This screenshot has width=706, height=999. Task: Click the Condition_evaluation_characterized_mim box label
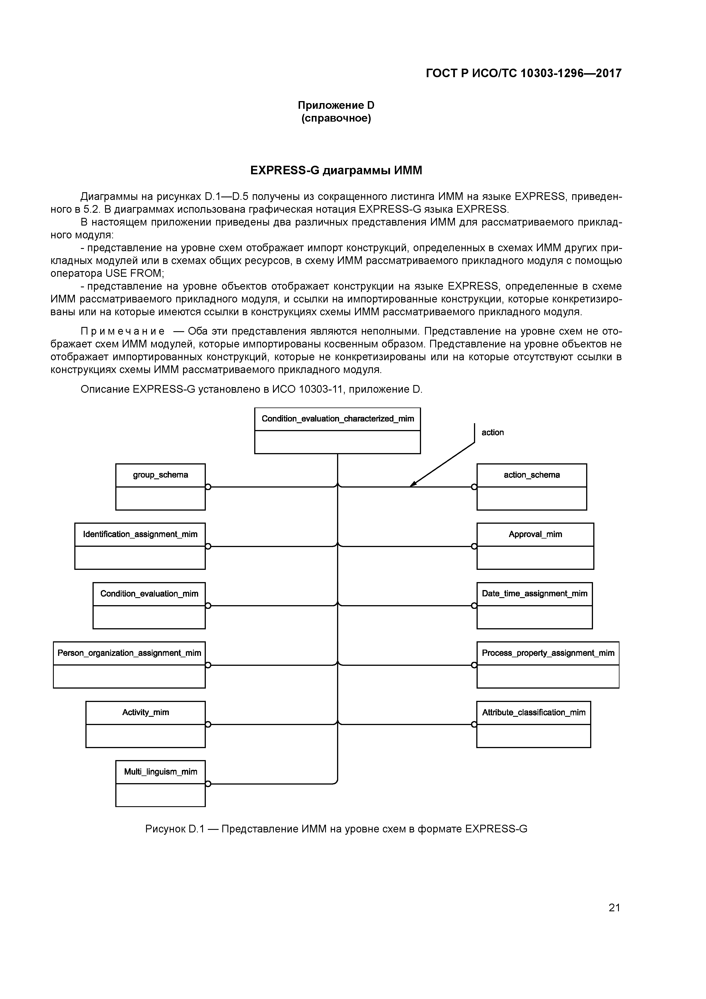338,419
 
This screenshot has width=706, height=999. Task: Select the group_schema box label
161,475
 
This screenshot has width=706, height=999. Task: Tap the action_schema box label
531,475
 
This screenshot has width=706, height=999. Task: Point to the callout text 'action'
492,433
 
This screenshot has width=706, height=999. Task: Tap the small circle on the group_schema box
208,487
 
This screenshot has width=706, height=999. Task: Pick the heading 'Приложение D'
336,105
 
